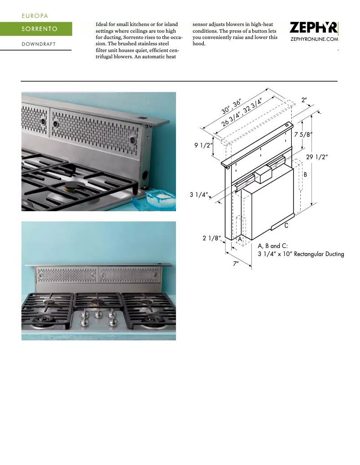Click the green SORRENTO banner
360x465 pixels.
tap(36, 29)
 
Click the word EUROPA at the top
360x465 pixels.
tap(35, 16)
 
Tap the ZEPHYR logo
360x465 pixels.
tap(313, 28)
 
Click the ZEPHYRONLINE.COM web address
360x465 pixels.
tap(314, 40)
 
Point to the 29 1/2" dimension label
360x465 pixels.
tap(317, 156)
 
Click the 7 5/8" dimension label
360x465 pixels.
tap(303, 134)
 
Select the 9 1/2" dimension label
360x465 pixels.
tap(203, 145)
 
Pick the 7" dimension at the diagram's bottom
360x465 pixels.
tap(235, 264)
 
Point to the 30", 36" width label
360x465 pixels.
tap(232, 107)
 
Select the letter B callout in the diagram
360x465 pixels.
tap(305, 174)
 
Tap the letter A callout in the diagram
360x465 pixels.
tap(240, 239)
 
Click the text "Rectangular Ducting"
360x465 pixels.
tap(319, 254)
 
